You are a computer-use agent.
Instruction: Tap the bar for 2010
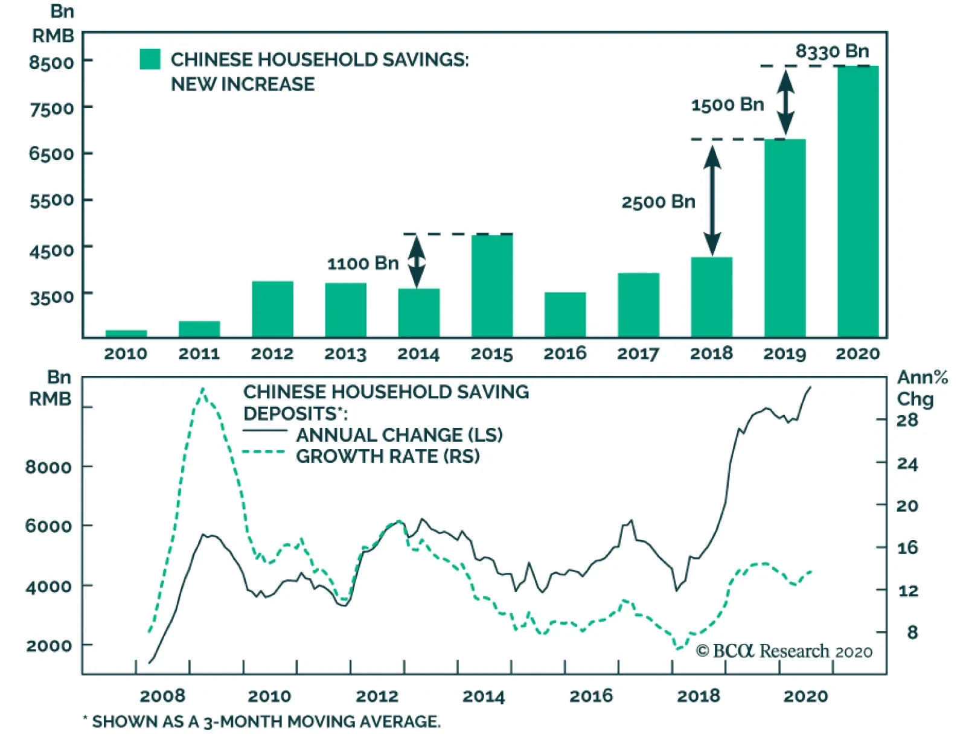pos(126,333)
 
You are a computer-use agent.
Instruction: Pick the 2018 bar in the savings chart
pos(711,297)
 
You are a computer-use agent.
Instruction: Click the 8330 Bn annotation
pos(832,51)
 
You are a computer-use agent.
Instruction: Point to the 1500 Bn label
pos(727,105)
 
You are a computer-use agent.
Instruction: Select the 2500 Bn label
pos(658,202)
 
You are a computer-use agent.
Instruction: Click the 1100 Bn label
pos(363,264)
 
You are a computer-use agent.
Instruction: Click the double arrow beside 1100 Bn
pos(416,261)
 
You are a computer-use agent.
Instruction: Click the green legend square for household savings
pos(150,59)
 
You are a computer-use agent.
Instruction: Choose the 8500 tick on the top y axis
pos(51,62)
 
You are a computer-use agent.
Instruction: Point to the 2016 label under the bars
pos(565,354)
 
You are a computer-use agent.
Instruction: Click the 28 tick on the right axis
pos(907,420)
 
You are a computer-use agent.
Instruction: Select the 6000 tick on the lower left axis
pos(48,526)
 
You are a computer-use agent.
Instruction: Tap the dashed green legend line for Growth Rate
pos(264,452)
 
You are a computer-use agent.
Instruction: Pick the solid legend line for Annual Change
pos(264,431)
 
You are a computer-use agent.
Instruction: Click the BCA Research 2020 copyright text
pos(784,651)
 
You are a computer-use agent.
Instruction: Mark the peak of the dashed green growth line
pos(203,389)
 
